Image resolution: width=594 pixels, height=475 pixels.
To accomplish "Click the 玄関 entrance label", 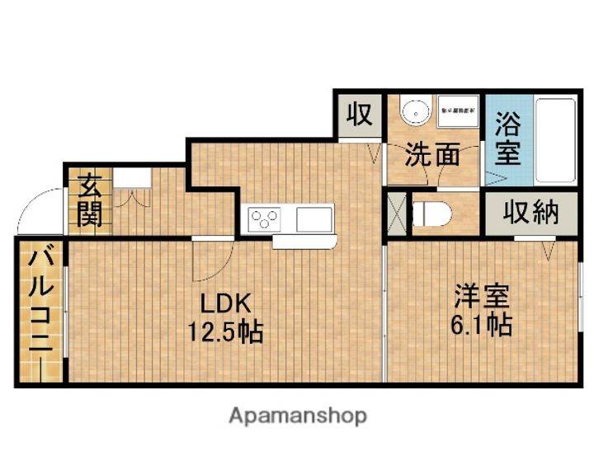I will pos(89,200).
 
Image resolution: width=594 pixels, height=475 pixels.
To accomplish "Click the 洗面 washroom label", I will pos(431,153).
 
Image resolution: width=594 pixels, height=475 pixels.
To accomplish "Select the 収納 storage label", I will pos(531,214).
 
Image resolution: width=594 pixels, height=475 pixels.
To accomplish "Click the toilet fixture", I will pos(433,213).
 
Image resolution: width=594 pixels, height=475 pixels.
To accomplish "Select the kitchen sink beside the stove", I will pos(313,220).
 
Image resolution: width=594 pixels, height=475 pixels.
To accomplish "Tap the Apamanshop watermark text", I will pos(297,415).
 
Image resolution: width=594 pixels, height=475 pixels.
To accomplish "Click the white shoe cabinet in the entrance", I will pos(132,178).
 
